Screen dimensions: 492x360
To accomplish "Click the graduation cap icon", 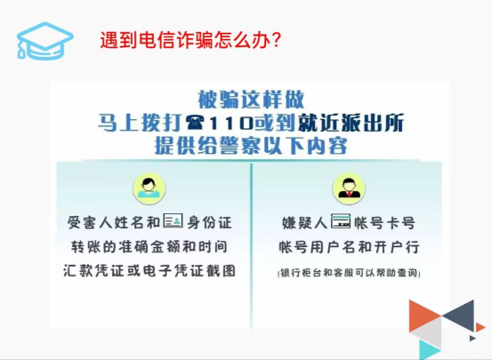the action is coord(44,41).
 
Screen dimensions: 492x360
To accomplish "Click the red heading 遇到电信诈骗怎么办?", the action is coord(190,40).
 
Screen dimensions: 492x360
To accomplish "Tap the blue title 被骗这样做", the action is coord(251,100).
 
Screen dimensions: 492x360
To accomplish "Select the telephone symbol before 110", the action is coord(195,123).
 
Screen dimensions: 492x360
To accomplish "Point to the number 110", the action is coord(231,124).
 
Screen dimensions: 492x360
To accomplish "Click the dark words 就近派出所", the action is coord(351,124).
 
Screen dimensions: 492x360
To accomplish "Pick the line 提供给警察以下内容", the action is coord(251,146).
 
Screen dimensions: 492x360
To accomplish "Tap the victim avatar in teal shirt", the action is coord(149,188).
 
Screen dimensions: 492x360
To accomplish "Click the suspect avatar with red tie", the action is coord(349,188).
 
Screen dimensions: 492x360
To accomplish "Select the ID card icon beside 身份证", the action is coord(173,220).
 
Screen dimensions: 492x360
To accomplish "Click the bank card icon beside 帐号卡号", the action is coord(341,221).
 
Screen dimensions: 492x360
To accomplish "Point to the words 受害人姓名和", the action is coord(114,222).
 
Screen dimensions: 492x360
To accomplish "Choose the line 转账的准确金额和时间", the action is coord(149,247).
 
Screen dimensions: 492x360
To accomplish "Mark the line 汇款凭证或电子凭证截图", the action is coord(149,270).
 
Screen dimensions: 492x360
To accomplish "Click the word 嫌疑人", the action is coord(304,223).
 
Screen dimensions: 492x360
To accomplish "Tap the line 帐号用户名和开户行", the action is coord(349,247).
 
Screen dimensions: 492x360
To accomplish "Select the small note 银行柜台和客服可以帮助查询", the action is coord(349,273).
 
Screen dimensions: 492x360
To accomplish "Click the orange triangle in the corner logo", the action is coord(424,316).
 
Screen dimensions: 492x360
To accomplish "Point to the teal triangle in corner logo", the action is coord(429,349).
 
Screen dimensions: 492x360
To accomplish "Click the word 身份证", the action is coord(210,222).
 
